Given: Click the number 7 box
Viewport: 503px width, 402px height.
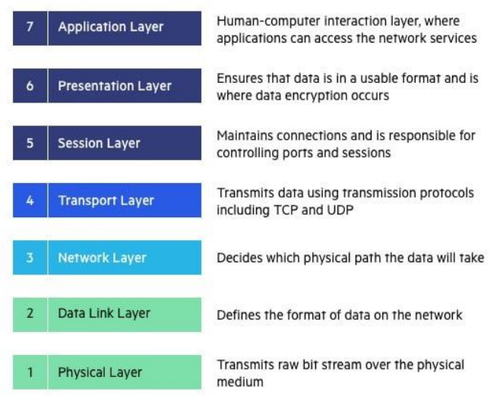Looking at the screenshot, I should click(x=30, y=27).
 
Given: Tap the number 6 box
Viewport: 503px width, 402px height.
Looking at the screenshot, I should click(x=30, y=86).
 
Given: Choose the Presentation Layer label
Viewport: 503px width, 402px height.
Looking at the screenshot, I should click(x=115, y=86).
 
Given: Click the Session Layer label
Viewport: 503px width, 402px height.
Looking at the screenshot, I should click(x=99, y=143).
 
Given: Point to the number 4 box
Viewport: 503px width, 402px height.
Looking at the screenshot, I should click(x=30, y=201).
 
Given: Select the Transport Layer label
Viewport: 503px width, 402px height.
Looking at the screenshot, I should click(x=106, y=201).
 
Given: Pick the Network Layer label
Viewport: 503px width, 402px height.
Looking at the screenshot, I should click(x=102, y=258).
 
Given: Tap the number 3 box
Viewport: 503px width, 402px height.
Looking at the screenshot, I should click(x=30, y=258).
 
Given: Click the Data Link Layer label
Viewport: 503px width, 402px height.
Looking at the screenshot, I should click(x=104, y=313).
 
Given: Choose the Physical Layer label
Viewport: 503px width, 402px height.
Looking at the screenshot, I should click(x=100, y=372).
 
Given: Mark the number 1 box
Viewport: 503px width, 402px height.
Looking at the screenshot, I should click(x=30, y=372).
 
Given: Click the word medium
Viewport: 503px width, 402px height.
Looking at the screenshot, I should click(x=240, y=381).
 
